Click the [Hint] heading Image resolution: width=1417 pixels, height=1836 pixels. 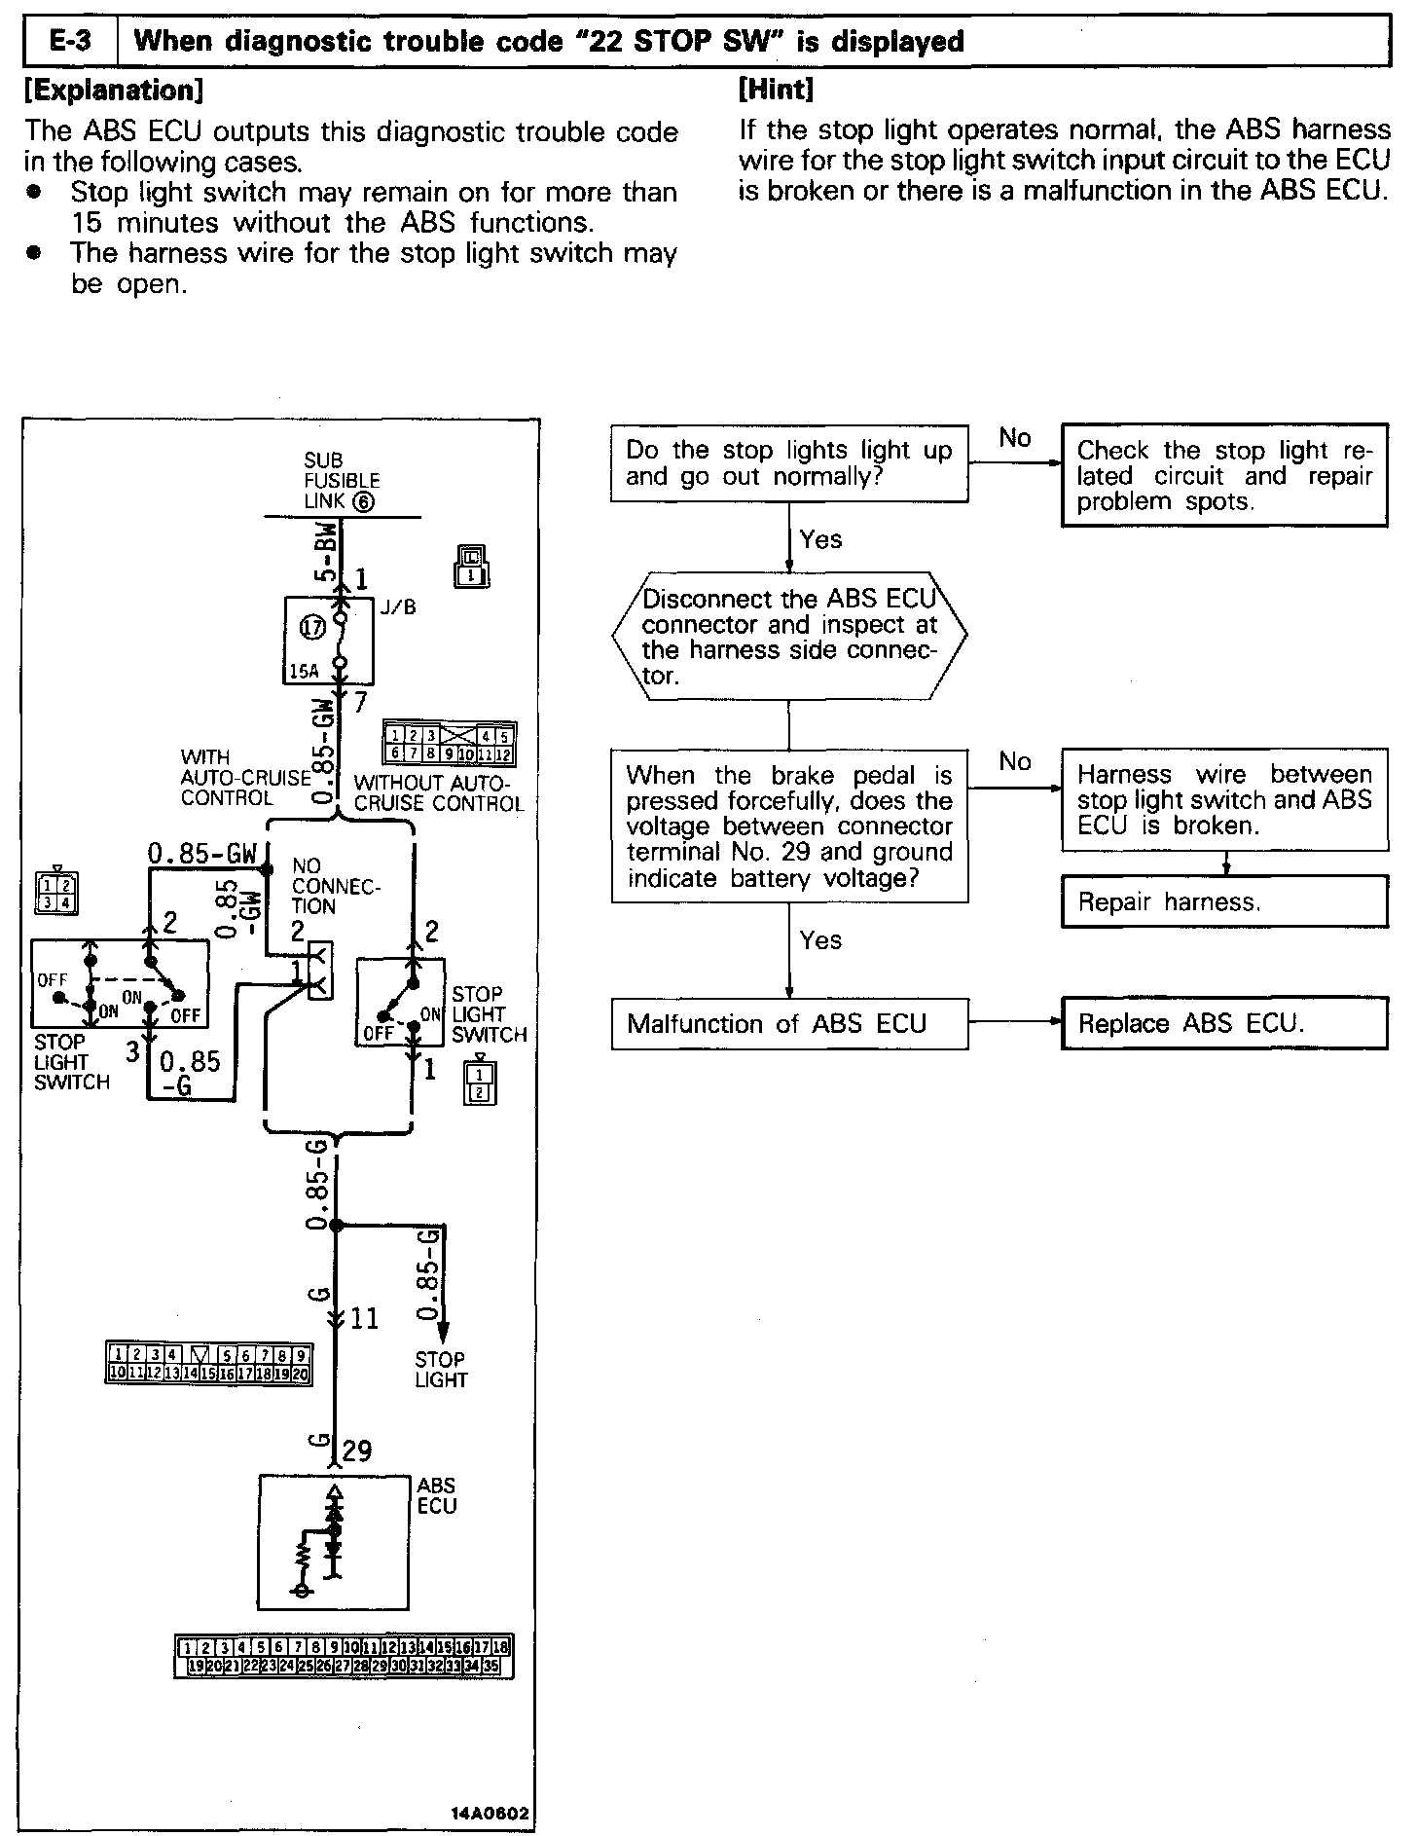pyautogui.click(x=776, y=90)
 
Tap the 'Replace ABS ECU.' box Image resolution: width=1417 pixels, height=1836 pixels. pyautogui.click(x=1224, y=1023)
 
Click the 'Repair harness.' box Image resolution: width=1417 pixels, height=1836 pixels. pyautogui.click(x=1224, y=901)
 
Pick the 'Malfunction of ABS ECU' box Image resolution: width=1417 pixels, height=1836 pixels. pyautogui.click(x=789, y=1023)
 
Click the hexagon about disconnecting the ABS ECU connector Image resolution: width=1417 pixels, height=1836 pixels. pyautogui.click(x=789, y=637)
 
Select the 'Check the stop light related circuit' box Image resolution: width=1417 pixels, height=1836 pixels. pyautogui.click(x=1224, y=476)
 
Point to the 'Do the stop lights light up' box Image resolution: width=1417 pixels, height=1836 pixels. pyautogui.click(x=789, y=463)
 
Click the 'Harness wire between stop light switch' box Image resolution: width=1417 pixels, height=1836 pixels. pyautogui.click(x=1224, y=799)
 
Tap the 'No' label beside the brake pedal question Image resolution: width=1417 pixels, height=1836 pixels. pyautogui.click(x=1014, y=761)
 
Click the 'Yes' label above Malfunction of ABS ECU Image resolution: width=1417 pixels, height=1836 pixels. pyautogui.click(x=820, y=940)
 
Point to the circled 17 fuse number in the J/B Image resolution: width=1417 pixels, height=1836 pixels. pyautogui.click(x=312, y=628)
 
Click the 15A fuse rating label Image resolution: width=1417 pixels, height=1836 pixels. pyautogui.click(x=304, y=672)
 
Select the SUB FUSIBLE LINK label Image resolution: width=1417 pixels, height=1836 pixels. pyautogui.click(x=341, y=481)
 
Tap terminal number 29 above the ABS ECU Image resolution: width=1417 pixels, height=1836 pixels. pyautogui.click(x=357, y=1451)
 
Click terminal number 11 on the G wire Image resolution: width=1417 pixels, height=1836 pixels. pyautogui.click(x=364, y=1319)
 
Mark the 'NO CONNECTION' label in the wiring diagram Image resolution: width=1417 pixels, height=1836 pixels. pyautogui.click(x=335, y=885)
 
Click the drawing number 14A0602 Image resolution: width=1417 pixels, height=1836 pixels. pyautogui.click(x=490, y=1814)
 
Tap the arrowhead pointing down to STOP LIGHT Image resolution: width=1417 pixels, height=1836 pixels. pyautogui.click(x=442, y=1332)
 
